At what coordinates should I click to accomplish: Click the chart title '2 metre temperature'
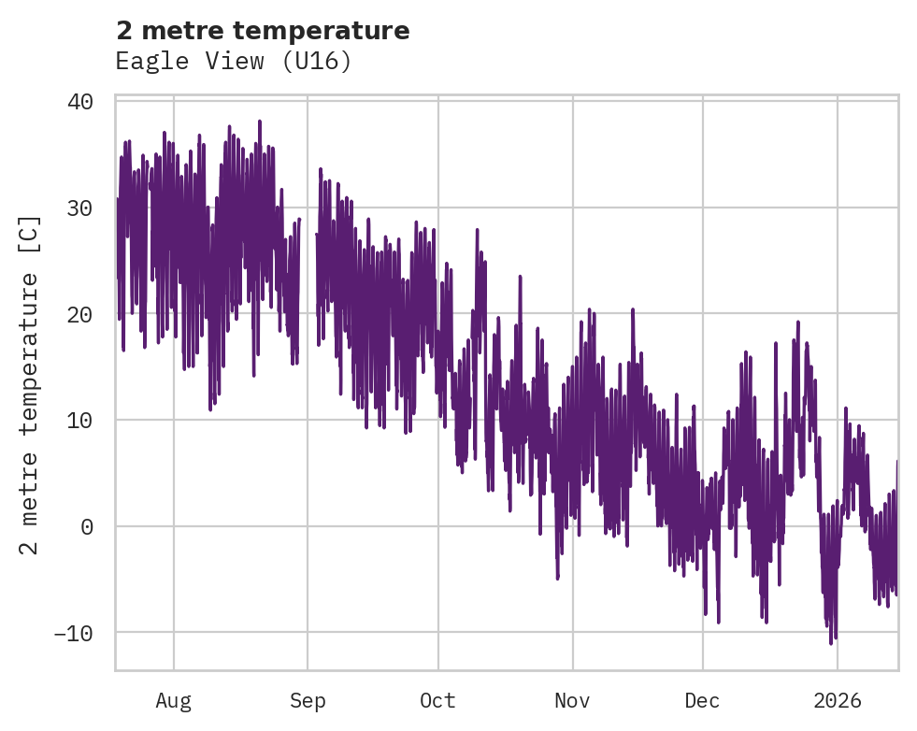click(x=263, y=31)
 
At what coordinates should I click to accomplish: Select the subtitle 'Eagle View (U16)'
click(x=233, y=62)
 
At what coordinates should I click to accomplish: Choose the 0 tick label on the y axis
click(x=87, y=526)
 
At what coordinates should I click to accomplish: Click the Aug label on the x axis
click(x=174, y=701)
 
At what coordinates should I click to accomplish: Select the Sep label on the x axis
click(x=308, y=701)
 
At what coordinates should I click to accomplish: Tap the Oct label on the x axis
click(x=437, y=701)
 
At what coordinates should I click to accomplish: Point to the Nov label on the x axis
click(x=572, y=701)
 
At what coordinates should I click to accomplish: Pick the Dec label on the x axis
click(x=702, y=701)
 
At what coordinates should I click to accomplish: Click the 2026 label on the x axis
click(x=838, y=701)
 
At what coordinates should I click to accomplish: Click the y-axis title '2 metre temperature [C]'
click(x=31, y=384)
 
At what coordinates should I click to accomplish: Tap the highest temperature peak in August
click(x=259, y=122)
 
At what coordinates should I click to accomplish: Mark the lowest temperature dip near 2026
click(x=830, y=643)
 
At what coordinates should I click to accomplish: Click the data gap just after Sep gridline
click(x=308, y=280)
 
